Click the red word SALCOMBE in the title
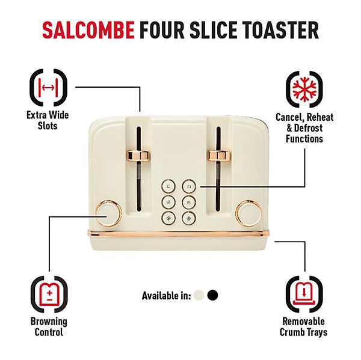click(88, 30)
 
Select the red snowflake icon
click(304, 89)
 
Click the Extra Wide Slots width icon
click(48, 87)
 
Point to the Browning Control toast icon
click(49, 294)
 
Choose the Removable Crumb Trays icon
click(304, 294)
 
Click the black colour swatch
click(212, 295)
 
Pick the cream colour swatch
click(199, 295)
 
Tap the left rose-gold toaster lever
click(139, 156)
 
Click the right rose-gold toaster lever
click(220, 156)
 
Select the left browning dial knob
click(108, 213)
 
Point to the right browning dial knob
click(249, 213)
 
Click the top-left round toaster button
click(168, 186)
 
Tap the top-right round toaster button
click(189, 186)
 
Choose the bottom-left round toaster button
click(168, 218)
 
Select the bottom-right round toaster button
click(189, 218)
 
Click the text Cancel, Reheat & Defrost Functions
click(304, 128)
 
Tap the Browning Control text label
click(49, 327)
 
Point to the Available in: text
click(167, 296)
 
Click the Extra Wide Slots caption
click(48, 121)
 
